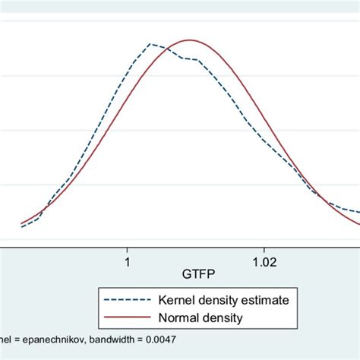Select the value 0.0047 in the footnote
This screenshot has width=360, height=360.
coord(180,338)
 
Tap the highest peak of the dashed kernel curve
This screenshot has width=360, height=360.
coord(151,44)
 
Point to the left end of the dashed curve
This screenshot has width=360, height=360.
coord(21,227)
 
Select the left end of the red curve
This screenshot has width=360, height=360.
coord(21,223)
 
